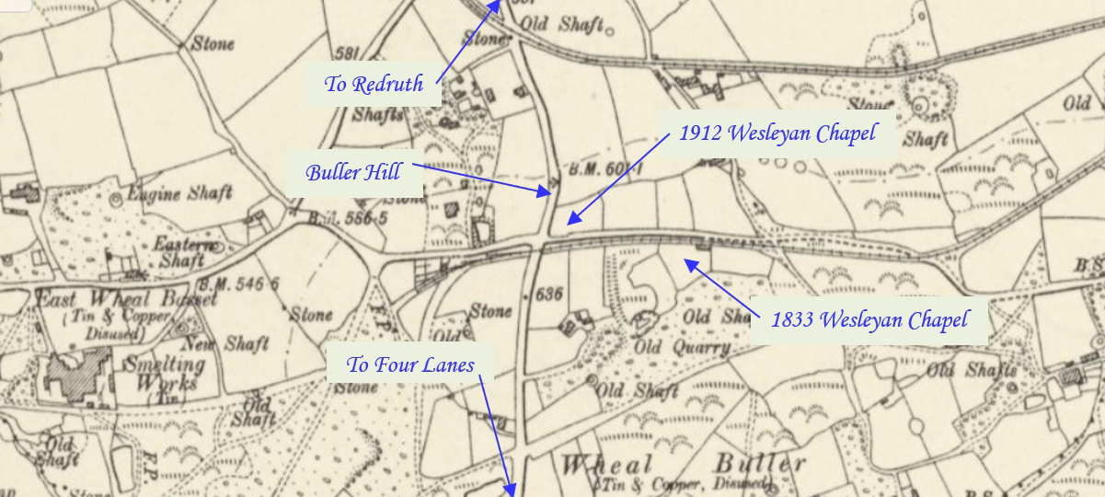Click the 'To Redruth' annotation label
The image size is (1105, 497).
coord(374,85)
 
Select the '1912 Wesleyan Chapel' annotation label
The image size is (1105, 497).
coord(777,134)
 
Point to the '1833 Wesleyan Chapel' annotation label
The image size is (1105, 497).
coord(869,320)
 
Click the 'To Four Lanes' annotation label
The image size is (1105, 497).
coord(410,365)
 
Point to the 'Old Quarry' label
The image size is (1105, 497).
coord(682,347)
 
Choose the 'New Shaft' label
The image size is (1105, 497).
coord(233,343)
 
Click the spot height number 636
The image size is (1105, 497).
coord(547,295)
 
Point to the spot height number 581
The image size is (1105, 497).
coord(347,52)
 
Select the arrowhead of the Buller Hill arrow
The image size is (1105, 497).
coord(546,192)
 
